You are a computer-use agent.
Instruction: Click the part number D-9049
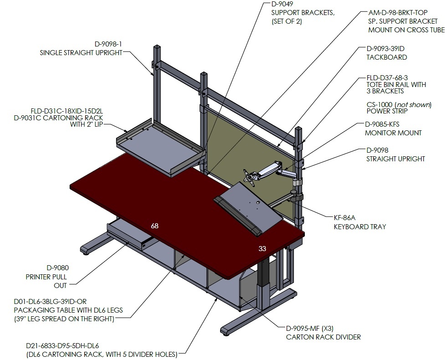click(x=282, y=4)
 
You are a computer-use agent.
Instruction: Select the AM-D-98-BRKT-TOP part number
click(x=398, y=13)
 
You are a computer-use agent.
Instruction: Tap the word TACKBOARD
click(x=386, y=57)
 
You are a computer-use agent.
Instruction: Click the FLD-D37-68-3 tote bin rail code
click(x=387, y=77)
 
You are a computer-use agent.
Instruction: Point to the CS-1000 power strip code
click(x=380, y=105)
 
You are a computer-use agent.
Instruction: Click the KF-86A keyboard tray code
click(x=344, y=218)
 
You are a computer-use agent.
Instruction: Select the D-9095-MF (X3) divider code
click(x=310, y=329)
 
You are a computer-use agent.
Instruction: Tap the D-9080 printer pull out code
click(x=57, y=268)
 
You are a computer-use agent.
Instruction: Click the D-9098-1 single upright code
click(x=108, y=44)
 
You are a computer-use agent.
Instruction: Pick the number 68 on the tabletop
click(x=154, y=226)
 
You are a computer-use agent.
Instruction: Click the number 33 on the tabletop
click(x=262, y=248)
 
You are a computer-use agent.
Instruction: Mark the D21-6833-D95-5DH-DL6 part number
click(x=62, y=346)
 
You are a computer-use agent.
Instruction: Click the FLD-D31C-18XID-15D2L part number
click(x=67, y=111)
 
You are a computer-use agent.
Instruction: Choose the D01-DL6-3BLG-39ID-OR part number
click(x=50, y=302)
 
